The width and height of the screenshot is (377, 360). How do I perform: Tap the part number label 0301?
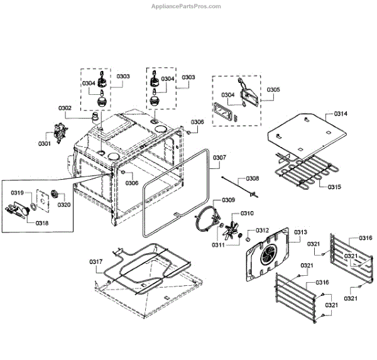tap(44, 144)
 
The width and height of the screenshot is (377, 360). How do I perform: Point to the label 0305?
tap(273, 90)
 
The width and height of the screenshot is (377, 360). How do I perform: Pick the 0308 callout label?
tap(253, 178)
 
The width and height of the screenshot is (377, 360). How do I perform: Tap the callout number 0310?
tap(247, 213)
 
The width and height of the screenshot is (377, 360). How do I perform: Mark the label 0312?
tap(262, 230)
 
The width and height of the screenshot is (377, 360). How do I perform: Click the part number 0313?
tap(300, 232)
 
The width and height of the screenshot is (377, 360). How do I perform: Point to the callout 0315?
tap(334, 187)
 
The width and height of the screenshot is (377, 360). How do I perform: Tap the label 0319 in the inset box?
tap(18, 193)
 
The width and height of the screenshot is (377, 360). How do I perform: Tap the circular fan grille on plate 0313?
tap(269, 254)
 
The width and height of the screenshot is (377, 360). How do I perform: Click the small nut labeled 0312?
tap(248, 239)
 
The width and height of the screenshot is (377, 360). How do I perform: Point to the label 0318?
tap(43, 222)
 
